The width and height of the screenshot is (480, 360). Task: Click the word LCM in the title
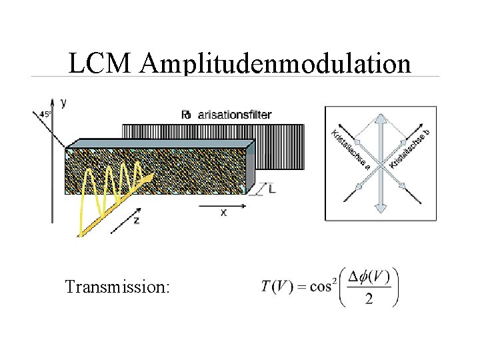click(x=102, y=63)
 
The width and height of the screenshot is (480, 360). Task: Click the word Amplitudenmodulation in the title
click(x=276, y=64)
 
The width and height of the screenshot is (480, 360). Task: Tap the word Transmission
click(x=117, y=287)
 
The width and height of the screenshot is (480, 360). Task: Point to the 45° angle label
click(x=45, y=114)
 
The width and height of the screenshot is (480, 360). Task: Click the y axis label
click(x=63, y=102)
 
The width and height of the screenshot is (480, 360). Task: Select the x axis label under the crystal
click(x=223, y=212)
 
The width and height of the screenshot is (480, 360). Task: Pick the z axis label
click(x=137, y=219)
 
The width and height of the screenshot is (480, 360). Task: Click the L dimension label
click(x=271, y=189)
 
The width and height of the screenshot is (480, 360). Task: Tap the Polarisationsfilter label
click(x=227, y=115)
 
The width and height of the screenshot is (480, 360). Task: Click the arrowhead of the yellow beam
click(x=150, y=177)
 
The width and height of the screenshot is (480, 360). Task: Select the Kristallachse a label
click(x=351, y=149)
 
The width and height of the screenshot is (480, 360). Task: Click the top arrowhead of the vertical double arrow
click(x=381, y=120)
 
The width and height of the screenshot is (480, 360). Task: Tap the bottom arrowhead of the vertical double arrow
click(x=381, y=207)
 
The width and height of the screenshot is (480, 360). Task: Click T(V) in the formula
click(x=277, y=287)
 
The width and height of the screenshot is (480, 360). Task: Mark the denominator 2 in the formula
click(x=369, y=298)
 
